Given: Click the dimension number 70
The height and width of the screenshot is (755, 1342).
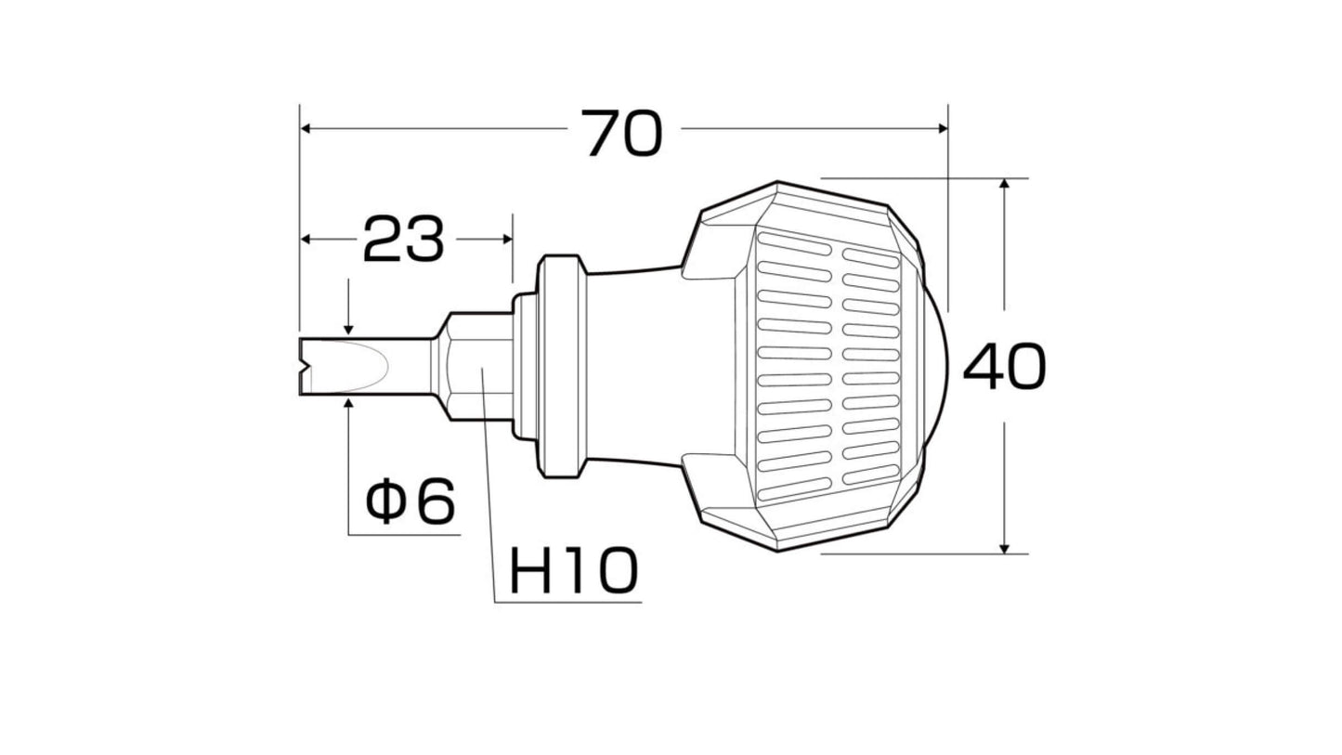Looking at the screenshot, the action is click(x=622, y=133).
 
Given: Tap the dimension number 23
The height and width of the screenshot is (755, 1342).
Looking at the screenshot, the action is click(x=403, y=240).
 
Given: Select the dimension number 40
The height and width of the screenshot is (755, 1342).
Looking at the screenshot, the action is click(x=1004, y=367).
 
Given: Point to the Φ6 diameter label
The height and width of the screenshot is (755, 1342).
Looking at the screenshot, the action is click(x=410, y=501).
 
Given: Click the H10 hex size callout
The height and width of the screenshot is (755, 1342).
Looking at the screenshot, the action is click(x=574, y=570).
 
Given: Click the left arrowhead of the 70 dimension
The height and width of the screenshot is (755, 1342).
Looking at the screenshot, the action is click(x=305, y=128).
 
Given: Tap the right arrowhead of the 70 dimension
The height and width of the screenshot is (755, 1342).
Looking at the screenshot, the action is click(x=943, y=128).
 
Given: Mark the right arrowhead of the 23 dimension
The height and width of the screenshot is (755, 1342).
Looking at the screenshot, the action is click(x=507, y=239).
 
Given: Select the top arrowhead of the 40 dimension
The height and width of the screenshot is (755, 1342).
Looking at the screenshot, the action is click(x=1005, y=183).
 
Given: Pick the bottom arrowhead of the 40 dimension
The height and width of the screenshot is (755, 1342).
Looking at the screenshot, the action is click(x=1005, y=548).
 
